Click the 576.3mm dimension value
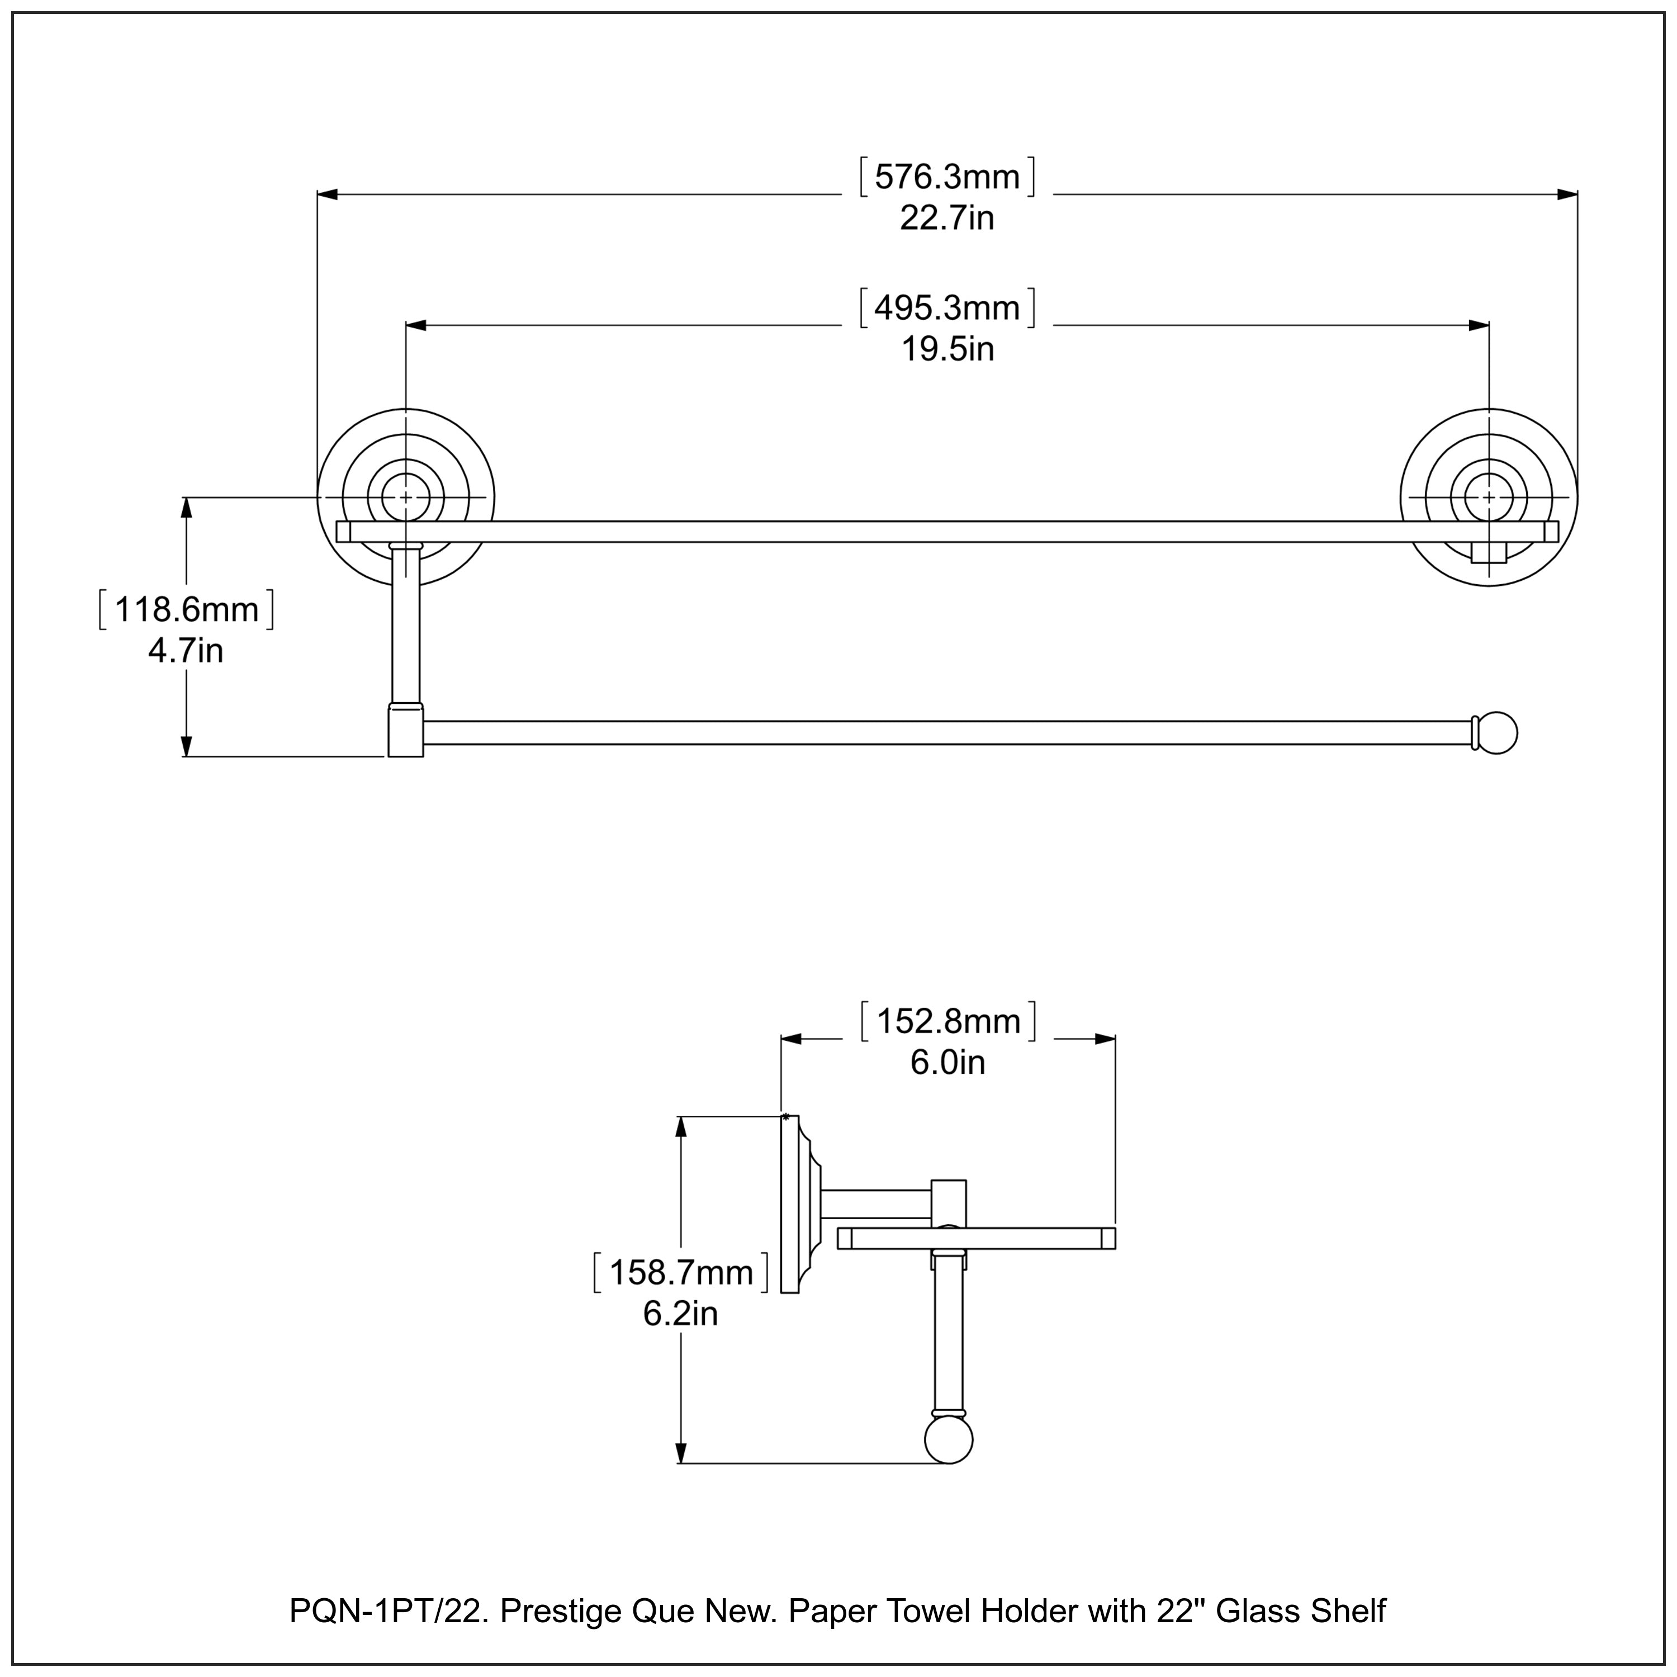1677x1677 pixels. [946, 177]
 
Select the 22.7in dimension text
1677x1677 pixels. [946, 218]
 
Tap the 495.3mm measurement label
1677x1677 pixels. [946, 308]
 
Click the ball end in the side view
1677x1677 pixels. [949, 1439]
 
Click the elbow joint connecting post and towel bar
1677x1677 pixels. [405, 731]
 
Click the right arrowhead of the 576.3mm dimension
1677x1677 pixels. [1567, 195]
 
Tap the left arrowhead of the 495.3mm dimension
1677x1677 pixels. [416, 325]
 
